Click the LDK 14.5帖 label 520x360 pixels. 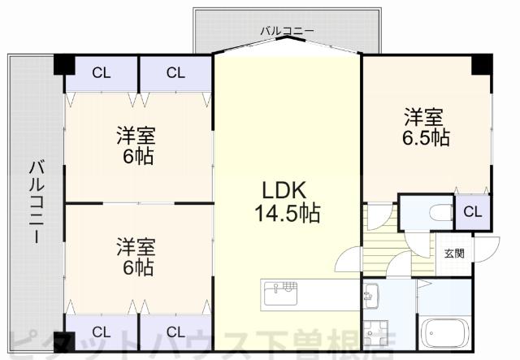pos(284,202)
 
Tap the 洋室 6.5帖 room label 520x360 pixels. pos(426,127)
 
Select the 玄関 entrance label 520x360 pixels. pos(454,253)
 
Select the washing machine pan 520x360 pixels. pos(375,334)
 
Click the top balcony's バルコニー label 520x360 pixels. pos(287,31)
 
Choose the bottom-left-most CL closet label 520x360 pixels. pos(101,332)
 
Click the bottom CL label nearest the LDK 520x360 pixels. pos(175,332)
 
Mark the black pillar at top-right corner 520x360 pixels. pos(482,63)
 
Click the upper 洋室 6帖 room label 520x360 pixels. pos(135,145)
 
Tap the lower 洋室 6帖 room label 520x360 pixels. pos(135,254)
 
